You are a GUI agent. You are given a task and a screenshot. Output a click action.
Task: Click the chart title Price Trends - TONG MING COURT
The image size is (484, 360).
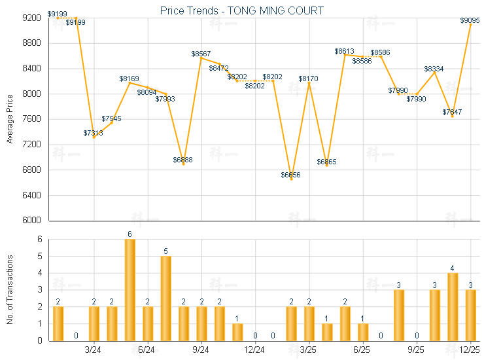pyautogui.click(x=242, y=10)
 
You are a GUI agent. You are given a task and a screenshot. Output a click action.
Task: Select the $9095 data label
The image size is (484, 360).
pyautogui.click(x=470, y=21)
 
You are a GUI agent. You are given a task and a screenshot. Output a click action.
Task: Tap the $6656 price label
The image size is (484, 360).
pyautogui.click(x=291, y=175)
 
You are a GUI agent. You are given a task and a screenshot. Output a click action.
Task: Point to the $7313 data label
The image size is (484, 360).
pyautogui.click(x=94, y=133)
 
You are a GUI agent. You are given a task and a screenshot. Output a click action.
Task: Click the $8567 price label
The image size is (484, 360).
pyautogui.click(x=201, y=53)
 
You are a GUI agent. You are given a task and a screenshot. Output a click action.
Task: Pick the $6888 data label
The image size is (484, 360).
pyautogui.click(x=183, y=160)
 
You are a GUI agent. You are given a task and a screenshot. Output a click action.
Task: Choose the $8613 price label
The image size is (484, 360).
pyautogui.click(x=345, y=51)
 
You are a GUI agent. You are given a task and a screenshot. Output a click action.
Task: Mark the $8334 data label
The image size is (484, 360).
pyautogui.click(x=434, y=69)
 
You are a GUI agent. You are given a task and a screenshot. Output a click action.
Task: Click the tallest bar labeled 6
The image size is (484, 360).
pyautogui.click(x=130, y=290)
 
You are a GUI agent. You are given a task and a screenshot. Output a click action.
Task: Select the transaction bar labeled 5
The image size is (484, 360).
pyautogui.click(x=165, y=298)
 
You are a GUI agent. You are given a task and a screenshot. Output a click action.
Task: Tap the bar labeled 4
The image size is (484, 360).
pyautogui.click(x=453, y=306)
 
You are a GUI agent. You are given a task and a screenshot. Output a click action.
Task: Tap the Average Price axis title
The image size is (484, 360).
pyautogui.click(x=10, y=119)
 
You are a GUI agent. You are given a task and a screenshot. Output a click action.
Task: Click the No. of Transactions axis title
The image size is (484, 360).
pyautogui.click(x=10, y=289)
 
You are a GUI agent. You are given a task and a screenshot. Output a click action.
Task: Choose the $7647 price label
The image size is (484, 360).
pyautogui.click(x=452, y=113)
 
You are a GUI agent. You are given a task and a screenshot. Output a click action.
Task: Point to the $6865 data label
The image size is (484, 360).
pyautogui.click(x=326, y=162)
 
